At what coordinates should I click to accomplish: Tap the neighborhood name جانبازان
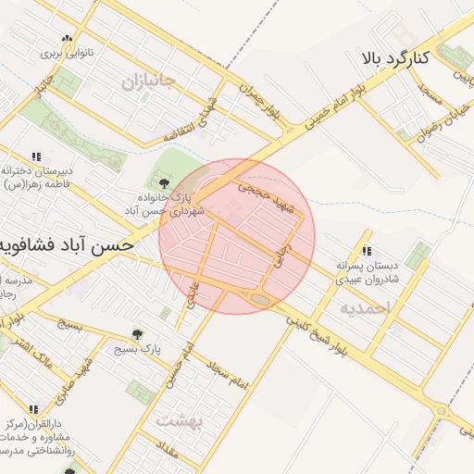148,81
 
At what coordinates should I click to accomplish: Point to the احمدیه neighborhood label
365,306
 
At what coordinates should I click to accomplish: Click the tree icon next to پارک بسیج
138,333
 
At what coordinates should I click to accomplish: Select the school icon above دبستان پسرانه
368,250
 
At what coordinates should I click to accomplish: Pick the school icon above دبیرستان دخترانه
36,156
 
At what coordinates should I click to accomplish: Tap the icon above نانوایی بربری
66,39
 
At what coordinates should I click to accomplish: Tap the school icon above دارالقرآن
34,408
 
